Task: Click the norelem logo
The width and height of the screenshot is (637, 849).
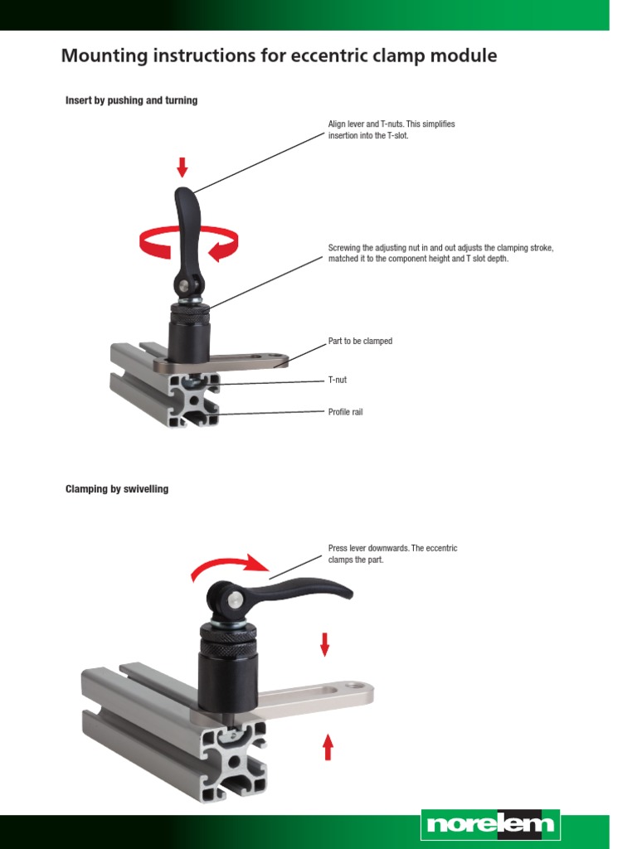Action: [x=489, y=825]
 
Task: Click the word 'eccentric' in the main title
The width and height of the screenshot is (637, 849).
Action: [x=354, y=56]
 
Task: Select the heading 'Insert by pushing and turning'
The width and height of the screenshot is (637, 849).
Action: [x=131, y=100]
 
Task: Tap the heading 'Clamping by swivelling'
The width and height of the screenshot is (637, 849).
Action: [x=116, y=489]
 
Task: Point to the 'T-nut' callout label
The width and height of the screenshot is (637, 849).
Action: [x=338, y=380]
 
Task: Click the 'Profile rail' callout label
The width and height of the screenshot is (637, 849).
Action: [x=346, y=411]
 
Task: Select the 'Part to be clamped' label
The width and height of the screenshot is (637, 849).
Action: [x=360, y=342]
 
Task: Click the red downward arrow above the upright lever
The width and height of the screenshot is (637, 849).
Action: [x=182, y=167]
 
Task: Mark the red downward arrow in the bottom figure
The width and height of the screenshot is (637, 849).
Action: [x=325, y=643]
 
